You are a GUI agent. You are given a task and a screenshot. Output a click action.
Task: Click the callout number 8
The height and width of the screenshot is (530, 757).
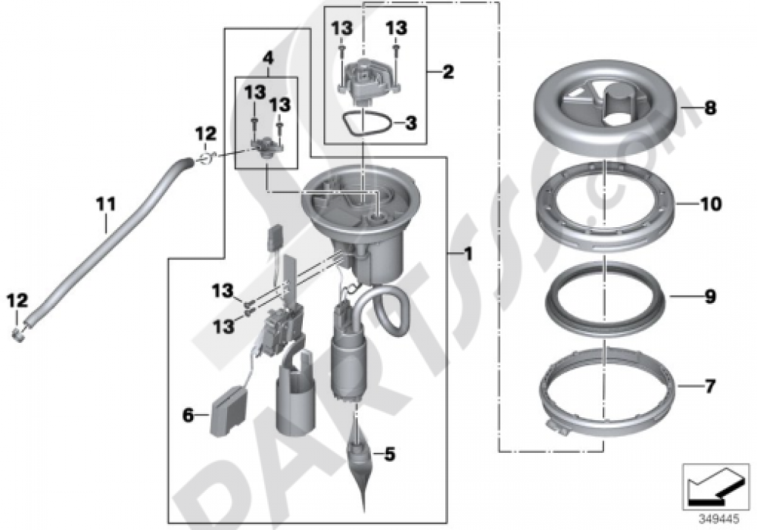click(709, 108)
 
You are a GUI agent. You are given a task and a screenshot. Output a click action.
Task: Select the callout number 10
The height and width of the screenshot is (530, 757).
click(711, 204)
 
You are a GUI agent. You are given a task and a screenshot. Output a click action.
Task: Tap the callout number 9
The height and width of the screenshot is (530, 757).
click(710, 296)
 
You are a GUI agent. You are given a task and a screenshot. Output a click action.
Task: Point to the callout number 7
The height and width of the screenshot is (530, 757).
click(710, 385)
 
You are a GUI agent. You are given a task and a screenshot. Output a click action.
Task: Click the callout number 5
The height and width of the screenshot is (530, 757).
click(389, 454)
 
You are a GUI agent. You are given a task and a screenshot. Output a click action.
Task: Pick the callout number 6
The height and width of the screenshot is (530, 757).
click(188, 415)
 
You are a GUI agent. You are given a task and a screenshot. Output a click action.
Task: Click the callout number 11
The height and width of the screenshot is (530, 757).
click(106, 204)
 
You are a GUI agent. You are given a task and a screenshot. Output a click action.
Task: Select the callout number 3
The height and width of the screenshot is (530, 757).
click(410, 123)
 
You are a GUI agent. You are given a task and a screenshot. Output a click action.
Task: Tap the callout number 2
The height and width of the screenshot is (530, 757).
click(448, 72)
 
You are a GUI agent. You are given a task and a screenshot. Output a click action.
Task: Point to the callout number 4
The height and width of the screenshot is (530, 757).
click(268, 58)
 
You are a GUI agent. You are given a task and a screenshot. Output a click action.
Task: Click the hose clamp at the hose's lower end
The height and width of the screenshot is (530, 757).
click(18, 334)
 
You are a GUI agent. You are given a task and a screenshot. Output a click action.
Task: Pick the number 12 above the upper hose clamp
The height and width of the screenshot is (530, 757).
click(206, 134)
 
